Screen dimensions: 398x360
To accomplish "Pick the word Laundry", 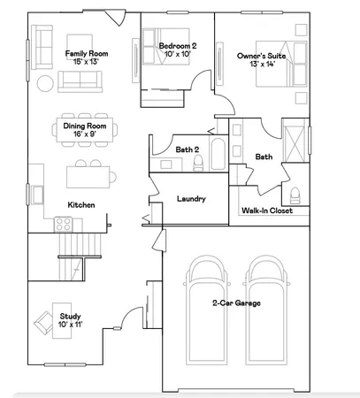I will click(x=191, y=199).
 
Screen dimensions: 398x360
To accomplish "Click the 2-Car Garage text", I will click(x=235, y=302).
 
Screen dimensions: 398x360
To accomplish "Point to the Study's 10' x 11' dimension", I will click(x=70, y=325).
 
